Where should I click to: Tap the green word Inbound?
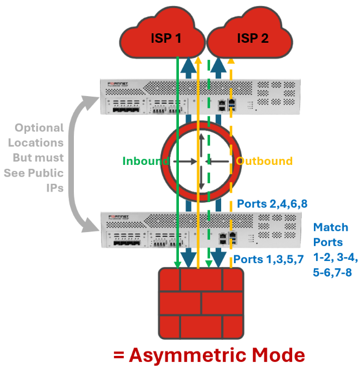tap(146, 161)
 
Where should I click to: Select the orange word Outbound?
tap(264, 161)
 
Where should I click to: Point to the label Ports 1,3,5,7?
tap(268, 259)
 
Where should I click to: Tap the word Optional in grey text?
tap(39, 128)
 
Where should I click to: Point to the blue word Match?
tap(331, 227)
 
